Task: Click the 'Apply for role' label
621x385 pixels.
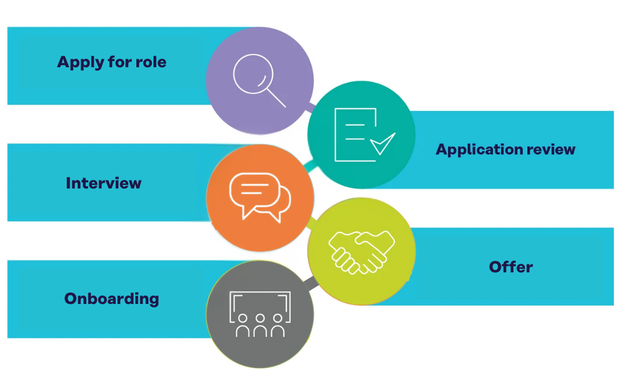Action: (112, 62)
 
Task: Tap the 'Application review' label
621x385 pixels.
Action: (505, 149)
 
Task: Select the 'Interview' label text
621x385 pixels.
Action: (103, 183)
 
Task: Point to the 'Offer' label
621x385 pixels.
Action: (511, 267)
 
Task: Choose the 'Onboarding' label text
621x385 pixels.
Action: (112, 299)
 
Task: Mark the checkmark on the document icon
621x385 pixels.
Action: (382, 144)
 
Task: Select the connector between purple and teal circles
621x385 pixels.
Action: (311, 107)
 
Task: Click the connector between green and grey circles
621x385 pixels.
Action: (311, 282)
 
